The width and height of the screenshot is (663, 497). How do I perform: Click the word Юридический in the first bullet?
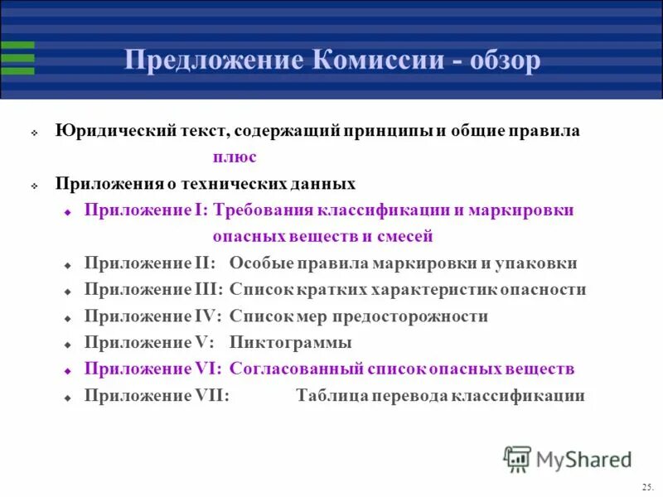point(109,131)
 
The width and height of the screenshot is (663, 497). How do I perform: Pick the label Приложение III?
point(153,290)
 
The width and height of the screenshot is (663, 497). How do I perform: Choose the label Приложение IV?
point(153,316)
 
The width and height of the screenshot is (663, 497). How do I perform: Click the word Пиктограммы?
point(291,343)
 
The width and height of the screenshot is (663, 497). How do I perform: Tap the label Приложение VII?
point(157,396)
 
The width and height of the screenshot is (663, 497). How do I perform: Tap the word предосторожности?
point(418,316)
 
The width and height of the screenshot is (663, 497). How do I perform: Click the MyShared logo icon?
point(517,459)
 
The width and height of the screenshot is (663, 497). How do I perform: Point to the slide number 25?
point(647,486)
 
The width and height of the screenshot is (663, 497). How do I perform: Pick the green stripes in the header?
point(17,58)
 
